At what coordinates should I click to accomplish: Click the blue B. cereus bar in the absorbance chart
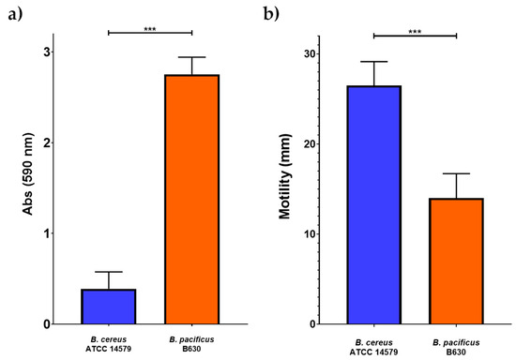(x=109, y=307)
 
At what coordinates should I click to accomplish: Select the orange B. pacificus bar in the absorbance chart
(x=191, y=200)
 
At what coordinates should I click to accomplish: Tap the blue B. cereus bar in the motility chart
(x=373, y=205)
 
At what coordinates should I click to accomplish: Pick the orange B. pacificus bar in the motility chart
(x=456, y=262)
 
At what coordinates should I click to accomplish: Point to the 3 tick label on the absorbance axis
(x=48, y=52)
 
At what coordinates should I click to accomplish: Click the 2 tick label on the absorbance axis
(x=48, y=143)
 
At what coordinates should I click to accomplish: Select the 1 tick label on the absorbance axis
(x=48, y=233)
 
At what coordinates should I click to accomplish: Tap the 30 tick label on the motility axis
(x=310, y=54)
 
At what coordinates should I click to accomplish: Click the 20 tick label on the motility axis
(x=310, y=144)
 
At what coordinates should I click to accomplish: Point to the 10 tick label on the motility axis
(x=310, y=234)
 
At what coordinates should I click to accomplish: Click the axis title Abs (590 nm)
(x=28, y=174)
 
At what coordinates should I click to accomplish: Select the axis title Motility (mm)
(x=285, y=176)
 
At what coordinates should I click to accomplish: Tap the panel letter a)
(x=15, y=14)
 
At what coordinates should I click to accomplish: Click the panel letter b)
(x=271, y=14)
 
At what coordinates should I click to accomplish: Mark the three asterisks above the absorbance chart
(x=150, y=29)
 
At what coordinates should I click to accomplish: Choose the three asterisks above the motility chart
(x=415, y=32)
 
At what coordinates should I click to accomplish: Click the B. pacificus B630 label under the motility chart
(x=456, y=347)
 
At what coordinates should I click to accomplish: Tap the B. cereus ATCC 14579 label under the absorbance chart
(x=109, y=344)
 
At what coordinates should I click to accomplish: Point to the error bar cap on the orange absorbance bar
(x=191, y=57)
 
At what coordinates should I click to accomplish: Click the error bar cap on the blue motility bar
(x=373, y=62)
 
